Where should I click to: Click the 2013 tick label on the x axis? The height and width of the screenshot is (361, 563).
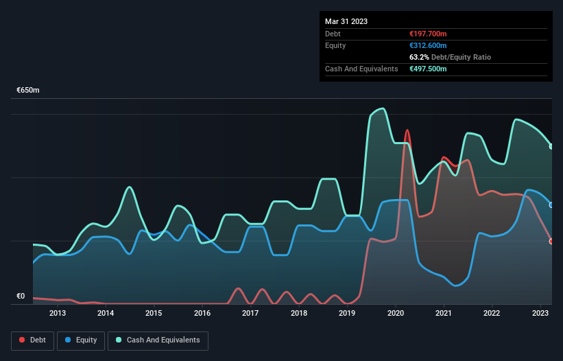pos(58,314)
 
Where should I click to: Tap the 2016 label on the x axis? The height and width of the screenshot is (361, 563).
pos(202,314)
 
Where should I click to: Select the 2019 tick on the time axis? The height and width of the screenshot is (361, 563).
pos(347,314)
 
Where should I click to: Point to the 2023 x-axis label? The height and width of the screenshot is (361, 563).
pos(540,314)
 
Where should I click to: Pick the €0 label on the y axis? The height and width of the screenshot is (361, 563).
pos(21,296)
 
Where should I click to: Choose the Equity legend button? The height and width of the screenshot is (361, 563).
pos(82,340)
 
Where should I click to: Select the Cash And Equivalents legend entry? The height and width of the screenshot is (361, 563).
pos(158,340)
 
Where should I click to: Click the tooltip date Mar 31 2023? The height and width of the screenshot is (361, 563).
pos(346,21)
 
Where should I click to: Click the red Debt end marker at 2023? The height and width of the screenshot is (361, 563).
pos(551,241)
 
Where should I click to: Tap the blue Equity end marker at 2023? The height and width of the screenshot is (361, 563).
pos(551,205)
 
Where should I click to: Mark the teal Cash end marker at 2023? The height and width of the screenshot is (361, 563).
pos(551,146)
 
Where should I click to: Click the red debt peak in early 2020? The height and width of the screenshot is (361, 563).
pos(407,130)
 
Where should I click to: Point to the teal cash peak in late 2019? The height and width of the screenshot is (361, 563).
pos(382,108)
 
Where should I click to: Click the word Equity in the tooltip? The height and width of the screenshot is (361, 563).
pos(335,45)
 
